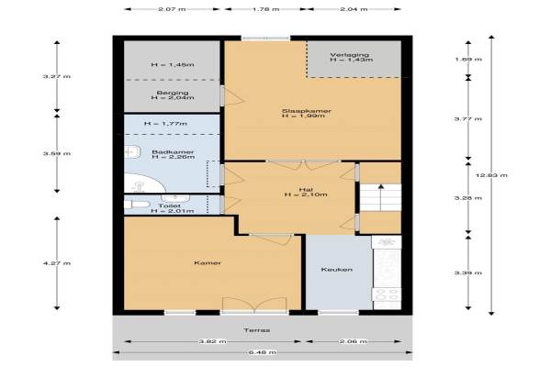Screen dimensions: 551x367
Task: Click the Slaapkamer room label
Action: tap(307, 111)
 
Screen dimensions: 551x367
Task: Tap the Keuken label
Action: tap(337, 270)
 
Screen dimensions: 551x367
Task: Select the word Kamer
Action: tap(208, 262)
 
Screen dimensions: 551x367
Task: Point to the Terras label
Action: tap(257, 330)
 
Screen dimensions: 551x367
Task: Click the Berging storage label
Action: tap(173, 93)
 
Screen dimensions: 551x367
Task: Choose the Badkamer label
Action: tap(173, 152)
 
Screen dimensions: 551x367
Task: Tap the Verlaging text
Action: tap(350, 55)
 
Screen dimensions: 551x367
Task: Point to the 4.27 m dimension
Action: tap(57, 263)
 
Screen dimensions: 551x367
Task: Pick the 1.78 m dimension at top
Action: tap(265, 9)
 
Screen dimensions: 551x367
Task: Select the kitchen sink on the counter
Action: tap(387, 241)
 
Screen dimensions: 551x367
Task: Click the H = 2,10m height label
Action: tap(306, 195)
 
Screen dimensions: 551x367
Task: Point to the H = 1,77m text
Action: tap(165, 124)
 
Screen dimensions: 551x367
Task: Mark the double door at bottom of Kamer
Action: tap(254, 305)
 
